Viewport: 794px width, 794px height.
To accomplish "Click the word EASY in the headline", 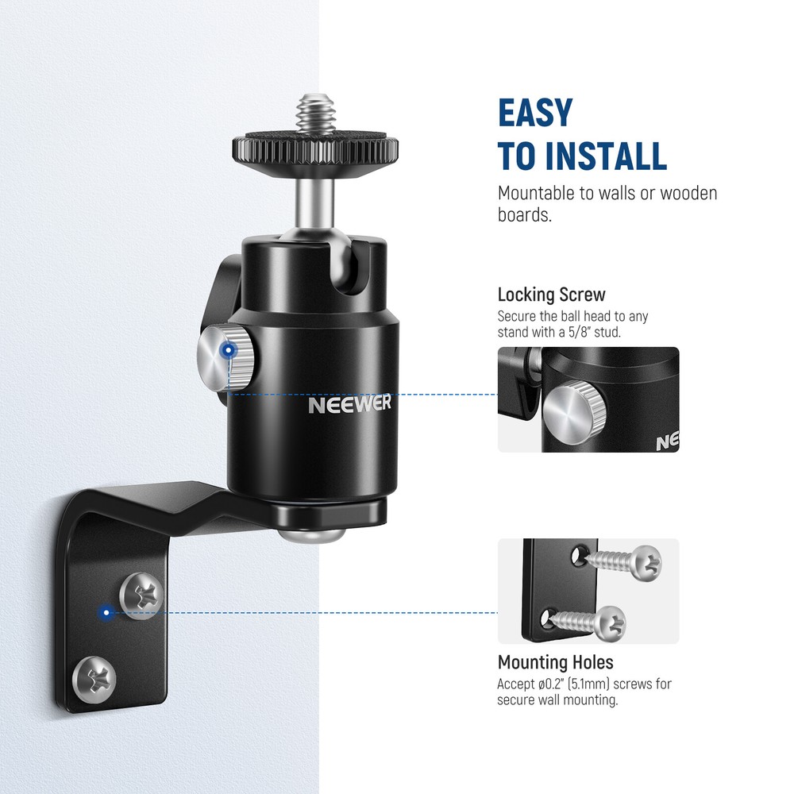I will (x=534, y=113).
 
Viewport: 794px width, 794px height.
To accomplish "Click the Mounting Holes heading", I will (x=555, y=662).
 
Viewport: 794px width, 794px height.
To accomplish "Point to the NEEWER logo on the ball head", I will (x=350, y=404).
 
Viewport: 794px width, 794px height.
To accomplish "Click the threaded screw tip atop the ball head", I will (x=314, y=116).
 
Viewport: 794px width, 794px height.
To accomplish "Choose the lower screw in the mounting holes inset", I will (x=596, y=623).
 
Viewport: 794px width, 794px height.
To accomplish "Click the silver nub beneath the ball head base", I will (x=312, y=534).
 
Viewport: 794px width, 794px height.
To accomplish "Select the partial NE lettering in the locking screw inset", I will (x=667, y=443).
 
